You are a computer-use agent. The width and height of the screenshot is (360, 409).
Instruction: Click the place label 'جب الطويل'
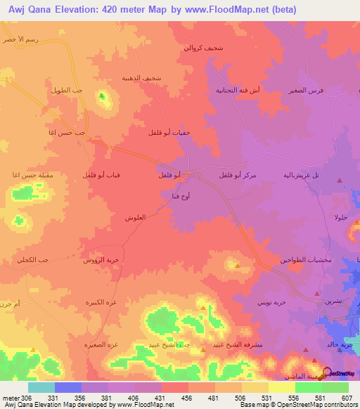pyautogui.click(x=67, y=91)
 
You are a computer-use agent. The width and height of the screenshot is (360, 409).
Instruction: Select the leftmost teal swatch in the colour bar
pyautogui.click(x=41, y=387)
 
